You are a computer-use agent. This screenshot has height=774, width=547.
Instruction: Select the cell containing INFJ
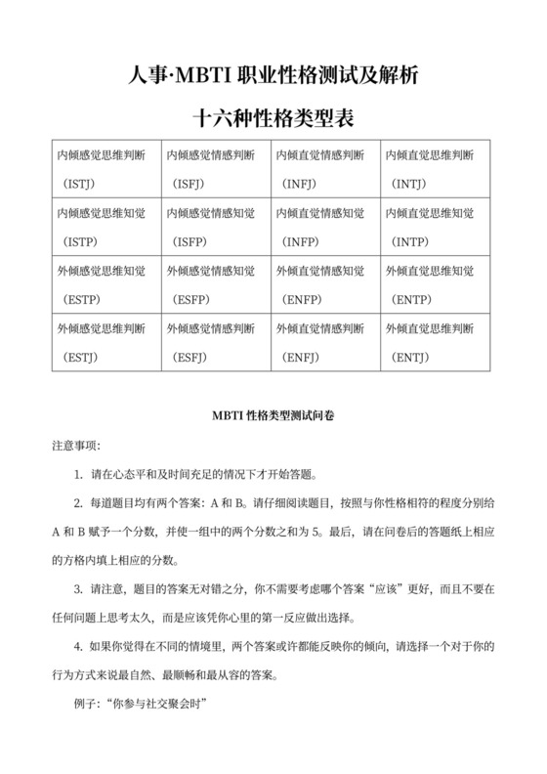coord(325,168)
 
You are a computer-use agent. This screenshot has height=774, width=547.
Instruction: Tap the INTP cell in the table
coord(435,226)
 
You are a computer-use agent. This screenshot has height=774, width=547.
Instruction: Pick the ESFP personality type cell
coord(215,283)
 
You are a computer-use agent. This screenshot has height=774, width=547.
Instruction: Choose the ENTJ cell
coord(435,341)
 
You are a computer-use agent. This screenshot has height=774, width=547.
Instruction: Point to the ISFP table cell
coord(215,226)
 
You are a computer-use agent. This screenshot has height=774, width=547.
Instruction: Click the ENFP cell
coord(325,283)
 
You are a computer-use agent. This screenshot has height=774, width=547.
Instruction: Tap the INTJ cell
coord(435,168)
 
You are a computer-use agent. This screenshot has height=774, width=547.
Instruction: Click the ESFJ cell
coord(215,341)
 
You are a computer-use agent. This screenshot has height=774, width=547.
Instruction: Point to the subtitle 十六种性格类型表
coord(273,119)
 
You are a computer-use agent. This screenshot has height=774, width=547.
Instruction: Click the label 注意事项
coord(73,445)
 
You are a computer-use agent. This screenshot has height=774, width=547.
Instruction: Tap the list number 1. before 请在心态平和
coord(78,474)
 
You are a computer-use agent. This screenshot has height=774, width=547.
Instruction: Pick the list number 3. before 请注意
coord(78,590)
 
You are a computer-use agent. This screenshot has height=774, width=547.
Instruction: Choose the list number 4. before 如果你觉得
coord(78,648)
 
